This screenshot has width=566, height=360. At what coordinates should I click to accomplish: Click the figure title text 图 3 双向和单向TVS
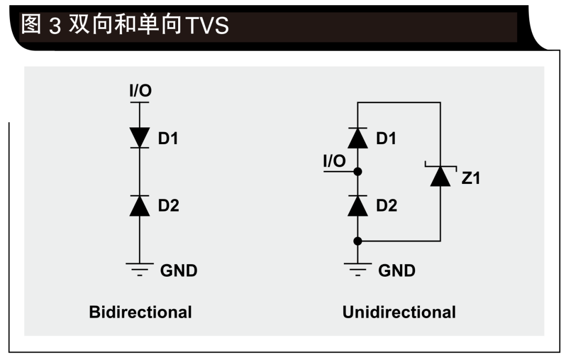(x=125, y=25)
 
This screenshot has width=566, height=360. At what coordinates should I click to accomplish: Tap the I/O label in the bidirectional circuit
(x=140, y=91)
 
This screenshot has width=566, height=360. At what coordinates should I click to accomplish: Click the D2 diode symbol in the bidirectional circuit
(x=139, y=205)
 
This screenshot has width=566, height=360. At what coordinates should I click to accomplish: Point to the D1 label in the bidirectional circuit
(x=168, y=138)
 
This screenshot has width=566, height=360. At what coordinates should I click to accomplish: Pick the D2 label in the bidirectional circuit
(x=168, y=206)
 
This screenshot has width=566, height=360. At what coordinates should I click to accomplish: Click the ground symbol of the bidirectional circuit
(x=139, y=269)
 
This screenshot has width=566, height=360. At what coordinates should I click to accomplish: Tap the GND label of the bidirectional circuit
(x=178, y=270)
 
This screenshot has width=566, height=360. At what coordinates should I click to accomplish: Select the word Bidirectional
(x=140, y=312)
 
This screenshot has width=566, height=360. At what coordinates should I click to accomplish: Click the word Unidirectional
(x=399, y=312)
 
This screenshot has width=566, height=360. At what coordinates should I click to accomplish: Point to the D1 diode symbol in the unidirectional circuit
(x=357, y=138)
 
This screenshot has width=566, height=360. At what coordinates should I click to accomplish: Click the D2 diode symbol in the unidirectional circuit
(x=357, y=205)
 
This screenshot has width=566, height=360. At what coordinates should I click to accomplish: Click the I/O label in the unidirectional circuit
(x=334, y=161)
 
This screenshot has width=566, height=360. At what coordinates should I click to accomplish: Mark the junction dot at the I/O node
(x=357, y=171)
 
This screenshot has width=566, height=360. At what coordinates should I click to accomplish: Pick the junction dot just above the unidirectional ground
(x=357, y=241)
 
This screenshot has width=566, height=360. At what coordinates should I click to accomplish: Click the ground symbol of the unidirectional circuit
(x=357, y=269)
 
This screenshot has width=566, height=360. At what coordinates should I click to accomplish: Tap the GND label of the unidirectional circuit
(x=396, y=270)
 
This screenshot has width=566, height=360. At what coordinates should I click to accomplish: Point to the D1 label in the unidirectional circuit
(x=386, y=138)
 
